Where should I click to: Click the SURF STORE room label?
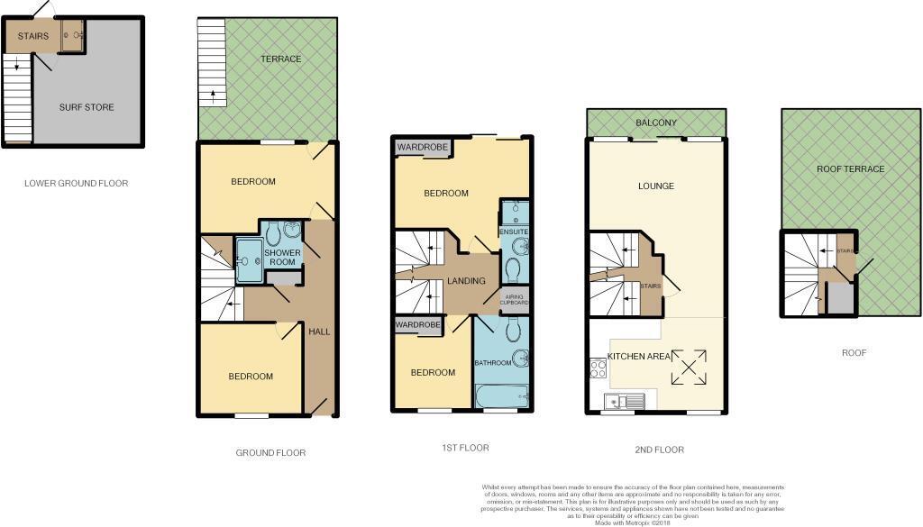coord(87,107)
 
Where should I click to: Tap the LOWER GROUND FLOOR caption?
coord(76,183)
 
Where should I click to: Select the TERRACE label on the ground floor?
coord(281,59)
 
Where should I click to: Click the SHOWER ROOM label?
coord(281,258)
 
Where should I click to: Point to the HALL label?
coord(319,332)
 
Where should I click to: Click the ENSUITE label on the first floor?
coord(515,232)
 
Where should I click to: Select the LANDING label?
coord(466,281)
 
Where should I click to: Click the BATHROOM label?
coord(493,363)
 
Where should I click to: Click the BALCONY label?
coord(655,123)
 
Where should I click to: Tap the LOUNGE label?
coord(655,186)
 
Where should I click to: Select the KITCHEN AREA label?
coord(639,357)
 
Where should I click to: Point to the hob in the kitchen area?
coord(597,367)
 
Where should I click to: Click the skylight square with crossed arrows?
coord(688,367)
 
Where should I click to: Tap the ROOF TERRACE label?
coord(850,169)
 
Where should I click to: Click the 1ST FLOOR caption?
coord(466,448)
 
